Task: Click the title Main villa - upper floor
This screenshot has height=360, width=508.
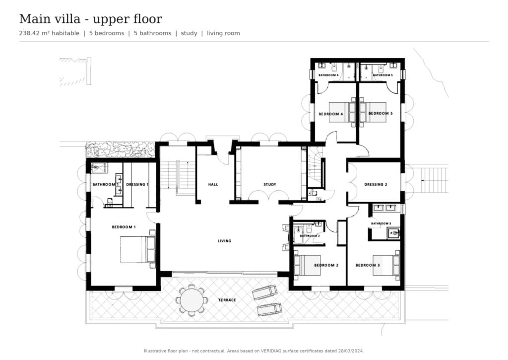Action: coord(91,19)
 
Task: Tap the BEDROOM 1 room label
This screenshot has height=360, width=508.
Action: coord(124,227)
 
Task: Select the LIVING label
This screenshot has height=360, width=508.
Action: coord(224,241)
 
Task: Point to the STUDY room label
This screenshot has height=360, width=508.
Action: coord(269,185)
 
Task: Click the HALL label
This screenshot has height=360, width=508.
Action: coord(213,185)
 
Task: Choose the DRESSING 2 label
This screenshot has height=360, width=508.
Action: coord(376,185)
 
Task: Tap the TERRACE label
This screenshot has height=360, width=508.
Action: coord(227,300)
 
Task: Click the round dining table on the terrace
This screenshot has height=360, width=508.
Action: coord(192,300)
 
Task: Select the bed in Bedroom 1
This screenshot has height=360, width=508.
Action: coord(138,249)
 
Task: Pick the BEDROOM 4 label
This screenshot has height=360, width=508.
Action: coord(331,114)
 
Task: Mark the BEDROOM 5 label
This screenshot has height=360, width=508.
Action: coord(381,114)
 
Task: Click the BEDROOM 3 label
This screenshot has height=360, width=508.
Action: coord(368,265)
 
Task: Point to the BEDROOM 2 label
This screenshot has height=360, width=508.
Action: coord(326,265)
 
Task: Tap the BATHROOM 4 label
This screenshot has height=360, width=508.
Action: coord(328,75)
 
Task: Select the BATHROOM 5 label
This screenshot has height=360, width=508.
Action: coord(382,75)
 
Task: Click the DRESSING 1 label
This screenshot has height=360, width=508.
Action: coord(137,185)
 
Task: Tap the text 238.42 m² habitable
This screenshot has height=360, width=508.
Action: coord(49,33)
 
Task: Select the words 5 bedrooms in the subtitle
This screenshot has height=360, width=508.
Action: coord(107,33)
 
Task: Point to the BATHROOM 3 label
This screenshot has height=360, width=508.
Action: coord(381,223)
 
